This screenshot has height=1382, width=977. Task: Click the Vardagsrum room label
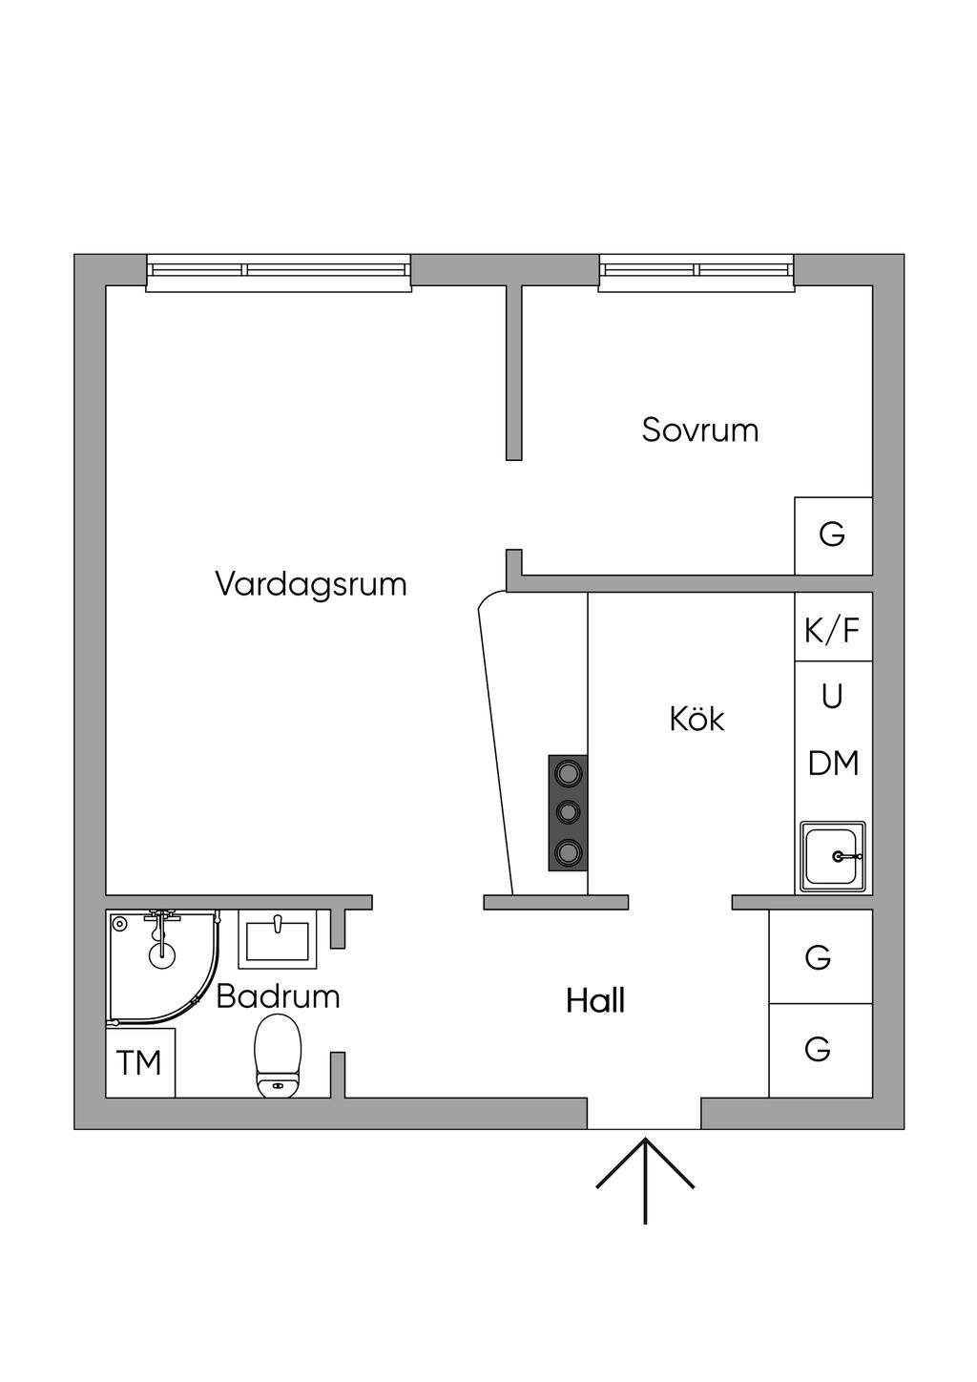point(311,584)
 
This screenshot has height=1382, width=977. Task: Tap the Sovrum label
point(699,430)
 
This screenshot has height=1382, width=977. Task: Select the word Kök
point(697,719)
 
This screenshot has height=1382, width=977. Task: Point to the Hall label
point(595,1001)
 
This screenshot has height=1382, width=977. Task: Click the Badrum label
point(278,996)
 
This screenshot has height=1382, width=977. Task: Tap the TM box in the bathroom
point(140,1062)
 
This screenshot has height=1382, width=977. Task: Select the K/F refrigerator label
point(832,631)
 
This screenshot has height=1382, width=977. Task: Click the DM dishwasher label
point(833,764)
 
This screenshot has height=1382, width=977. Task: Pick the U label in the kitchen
point(832,697)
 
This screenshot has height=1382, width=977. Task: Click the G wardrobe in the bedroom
point(833,535)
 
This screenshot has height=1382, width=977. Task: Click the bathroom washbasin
point(278,939)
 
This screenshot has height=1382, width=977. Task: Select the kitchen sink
point(833,857)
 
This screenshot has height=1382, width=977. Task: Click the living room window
point(279,272)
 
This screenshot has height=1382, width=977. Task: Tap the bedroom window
point(696,272)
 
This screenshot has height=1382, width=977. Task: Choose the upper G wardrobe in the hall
point(821,956)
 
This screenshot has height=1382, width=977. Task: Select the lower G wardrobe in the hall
point(821,1051)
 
